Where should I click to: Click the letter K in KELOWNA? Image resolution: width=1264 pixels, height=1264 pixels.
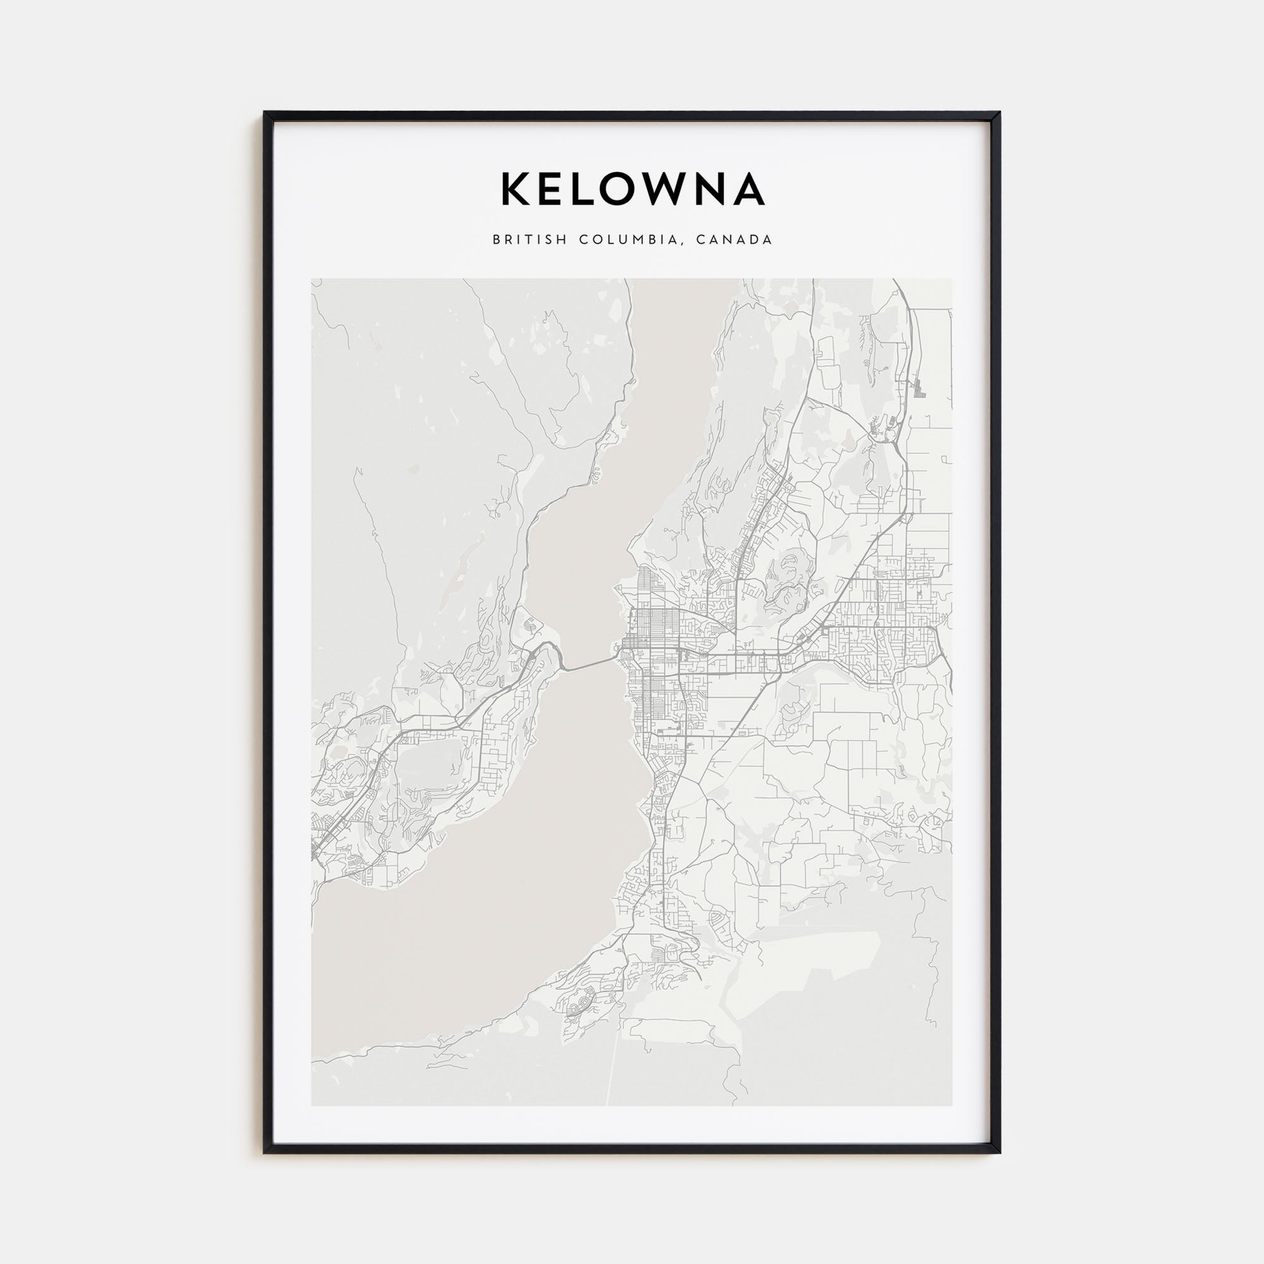click(x=516, y=189)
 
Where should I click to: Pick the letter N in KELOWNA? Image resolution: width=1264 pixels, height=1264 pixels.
click(x=712, y=189)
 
